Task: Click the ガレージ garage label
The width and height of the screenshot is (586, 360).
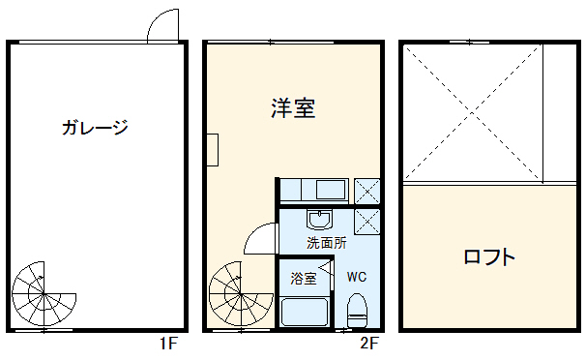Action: click(94, 127)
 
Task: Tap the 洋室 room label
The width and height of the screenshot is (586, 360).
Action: click(292, 107)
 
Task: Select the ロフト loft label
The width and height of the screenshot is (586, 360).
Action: click(488, 257)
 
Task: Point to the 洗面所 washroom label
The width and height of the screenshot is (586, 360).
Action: click(326, 243)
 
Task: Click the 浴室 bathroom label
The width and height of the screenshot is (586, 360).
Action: click(304, 279)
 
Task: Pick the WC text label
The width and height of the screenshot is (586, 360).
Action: click(357, 277)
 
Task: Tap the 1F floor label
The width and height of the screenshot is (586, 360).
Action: click(168, 344)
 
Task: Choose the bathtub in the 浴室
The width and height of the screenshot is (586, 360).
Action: click(305, 312)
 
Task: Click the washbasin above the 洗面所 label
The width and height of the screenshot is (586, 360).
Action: click(320, 218)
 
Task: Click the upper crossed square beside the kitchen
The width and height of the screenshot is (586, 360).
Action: click(367, 190)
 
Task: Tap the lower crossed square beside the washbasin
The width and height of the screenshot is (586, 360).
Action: click(367, 220)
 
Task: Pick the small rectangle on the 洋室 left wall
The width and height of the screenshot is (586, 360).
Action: click(214, 146)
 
